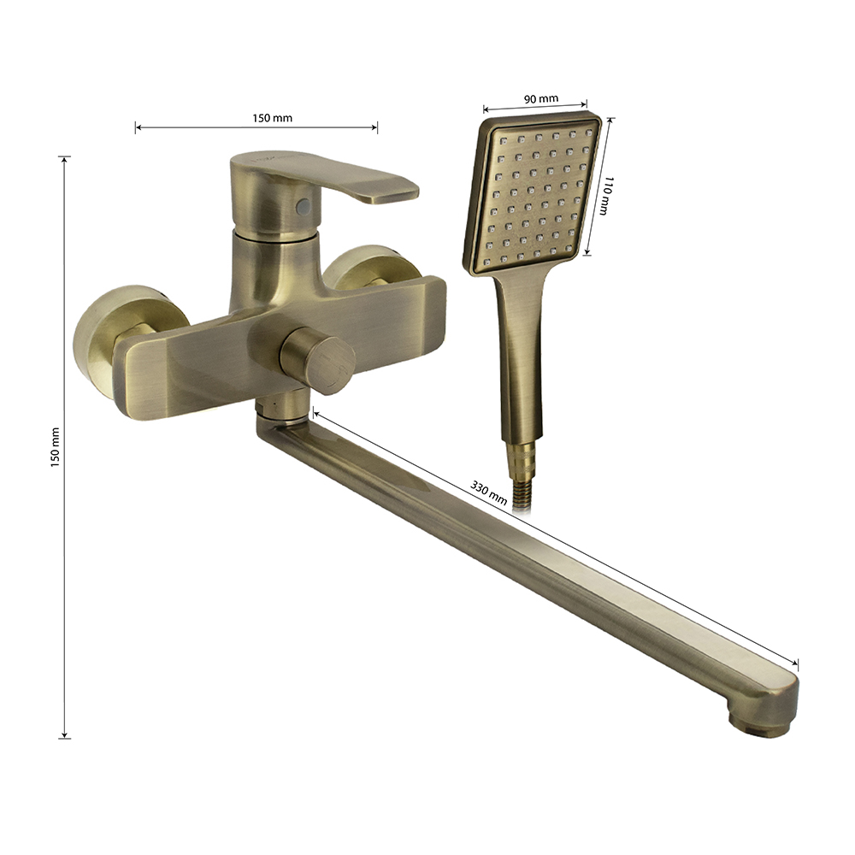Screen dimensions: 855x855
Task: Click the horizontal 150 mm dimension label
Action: pos(272,118)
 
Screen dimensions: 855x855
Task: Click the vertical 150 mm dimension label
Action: pos(55,447)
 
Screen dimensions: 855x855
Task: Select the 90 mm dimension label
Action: pos(541,98)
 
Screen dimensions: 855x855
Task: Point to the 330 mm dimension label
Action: pos(488,492)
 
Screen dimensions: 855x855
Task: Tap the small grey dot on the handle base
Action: pos(303,206)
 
